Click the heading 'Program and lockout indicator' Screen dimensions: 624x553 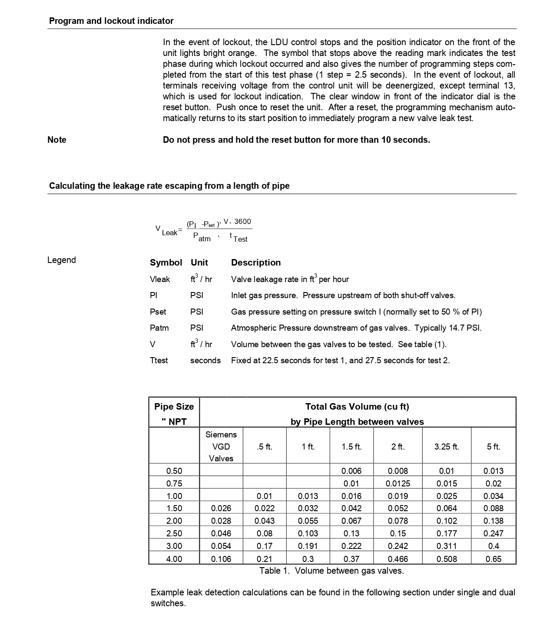coord(111,21)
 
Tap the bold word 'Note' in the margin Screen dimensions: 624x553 coord(57,140)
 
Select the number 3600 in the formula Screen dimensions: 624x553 coord(243,222)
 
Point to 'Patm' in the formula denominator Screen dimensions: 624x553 coord(202,237)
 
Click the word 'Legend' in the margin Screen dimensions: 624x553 coord(62,260)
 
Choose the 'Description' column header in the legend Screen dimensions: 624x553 coord(256,263)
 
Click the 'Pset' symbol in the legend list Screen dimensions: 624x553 coord(158,312)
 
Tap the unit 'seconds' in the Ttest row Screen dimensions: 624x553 coord(205,360)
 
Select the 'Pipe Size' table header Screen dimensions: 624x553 coord(174,407)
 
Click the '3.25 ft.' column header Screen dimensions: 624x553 coord(447,447)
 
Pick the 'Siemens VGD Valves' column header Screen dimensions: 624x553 coord(221,446)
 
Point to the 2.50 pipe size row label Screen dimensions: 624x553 coord(174,533)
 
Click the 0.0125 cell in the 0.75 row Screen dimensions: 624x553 coord(398,483)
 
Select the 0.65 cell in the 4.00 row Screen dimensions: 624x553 coord(493,559)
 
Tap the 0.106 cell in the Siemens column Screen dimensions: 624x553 coord(221,559)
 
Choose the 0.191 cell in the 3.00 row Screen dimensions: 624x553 coord(308,546)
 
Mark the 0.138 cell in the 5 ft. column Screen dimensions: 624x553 coord(493,521)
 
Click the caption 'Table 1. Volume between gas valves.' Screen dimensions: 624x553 coord(331,571)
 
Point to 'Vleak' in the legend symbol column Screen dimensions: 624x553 coord(160,279)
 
